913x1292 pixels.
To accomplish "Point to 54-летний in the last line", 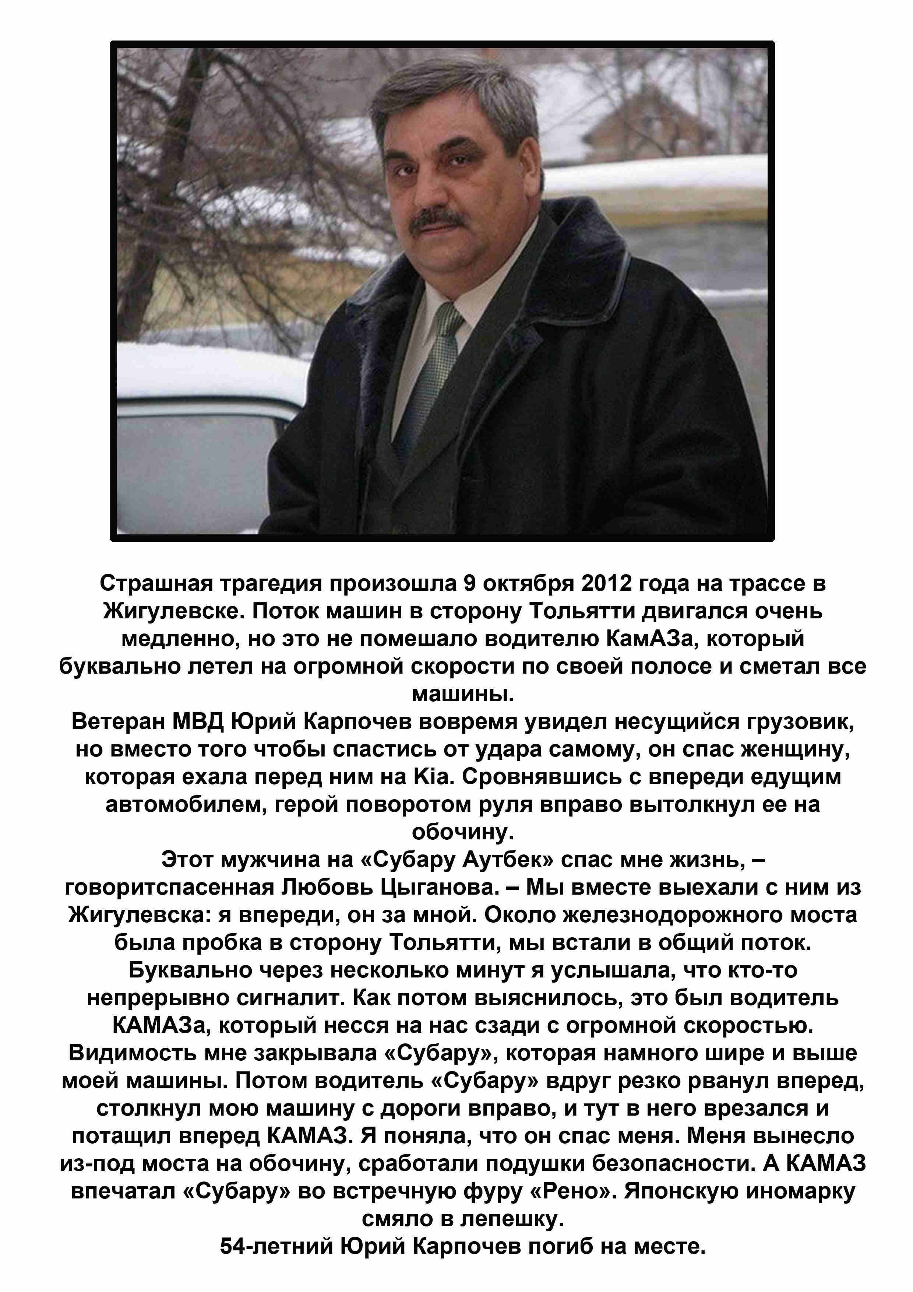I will coord(275,1246).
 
